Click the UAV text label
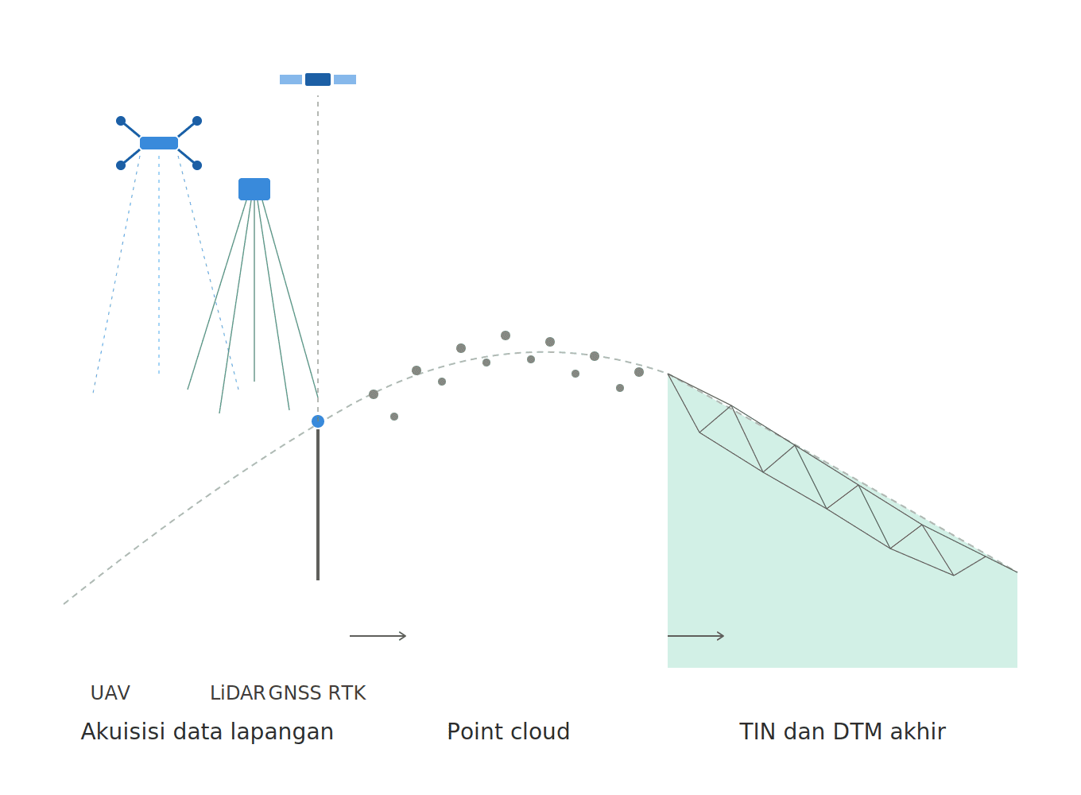click(x=110, y=693)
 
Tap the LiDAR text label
click(x=238, y=693)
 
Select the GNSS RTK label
click(x=317, y=693)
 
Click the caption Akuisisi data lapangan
click(x=207, y=732)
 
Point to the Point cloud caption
click(x=508, y=731)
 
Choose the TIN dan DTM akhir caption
click(x=842, y=731)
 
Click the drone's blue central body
click(x=159, y=143)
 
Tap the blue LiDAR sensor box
click(x=254, y=189)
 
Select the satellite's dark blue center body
click(x=318, y=79)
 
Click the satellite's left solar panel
click(x=291, y=79)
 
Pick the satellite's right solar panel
click(x=345, y=79)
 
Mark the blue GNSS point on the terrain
click(x=318, y=421)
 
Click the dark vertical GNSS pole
click(x=318, y=504)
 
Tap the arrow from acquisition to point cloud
click(x=378, y=636)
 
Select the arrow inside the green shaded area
click(x=696, y=636)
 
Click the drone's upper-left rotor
click(x=121, y=121)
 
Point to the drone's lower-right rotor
click(x=197, y=165)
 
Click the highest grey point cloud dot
click(x=506, y=335)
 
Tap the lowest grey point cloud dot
click(x=394, y=417)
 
